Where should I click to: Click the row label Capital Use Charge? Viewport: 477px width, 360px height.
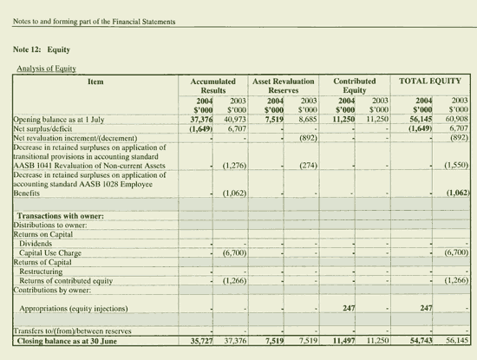[x=54, y=252]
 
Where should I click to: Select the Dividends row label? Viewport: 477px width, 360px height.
[x=37, y=243]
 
